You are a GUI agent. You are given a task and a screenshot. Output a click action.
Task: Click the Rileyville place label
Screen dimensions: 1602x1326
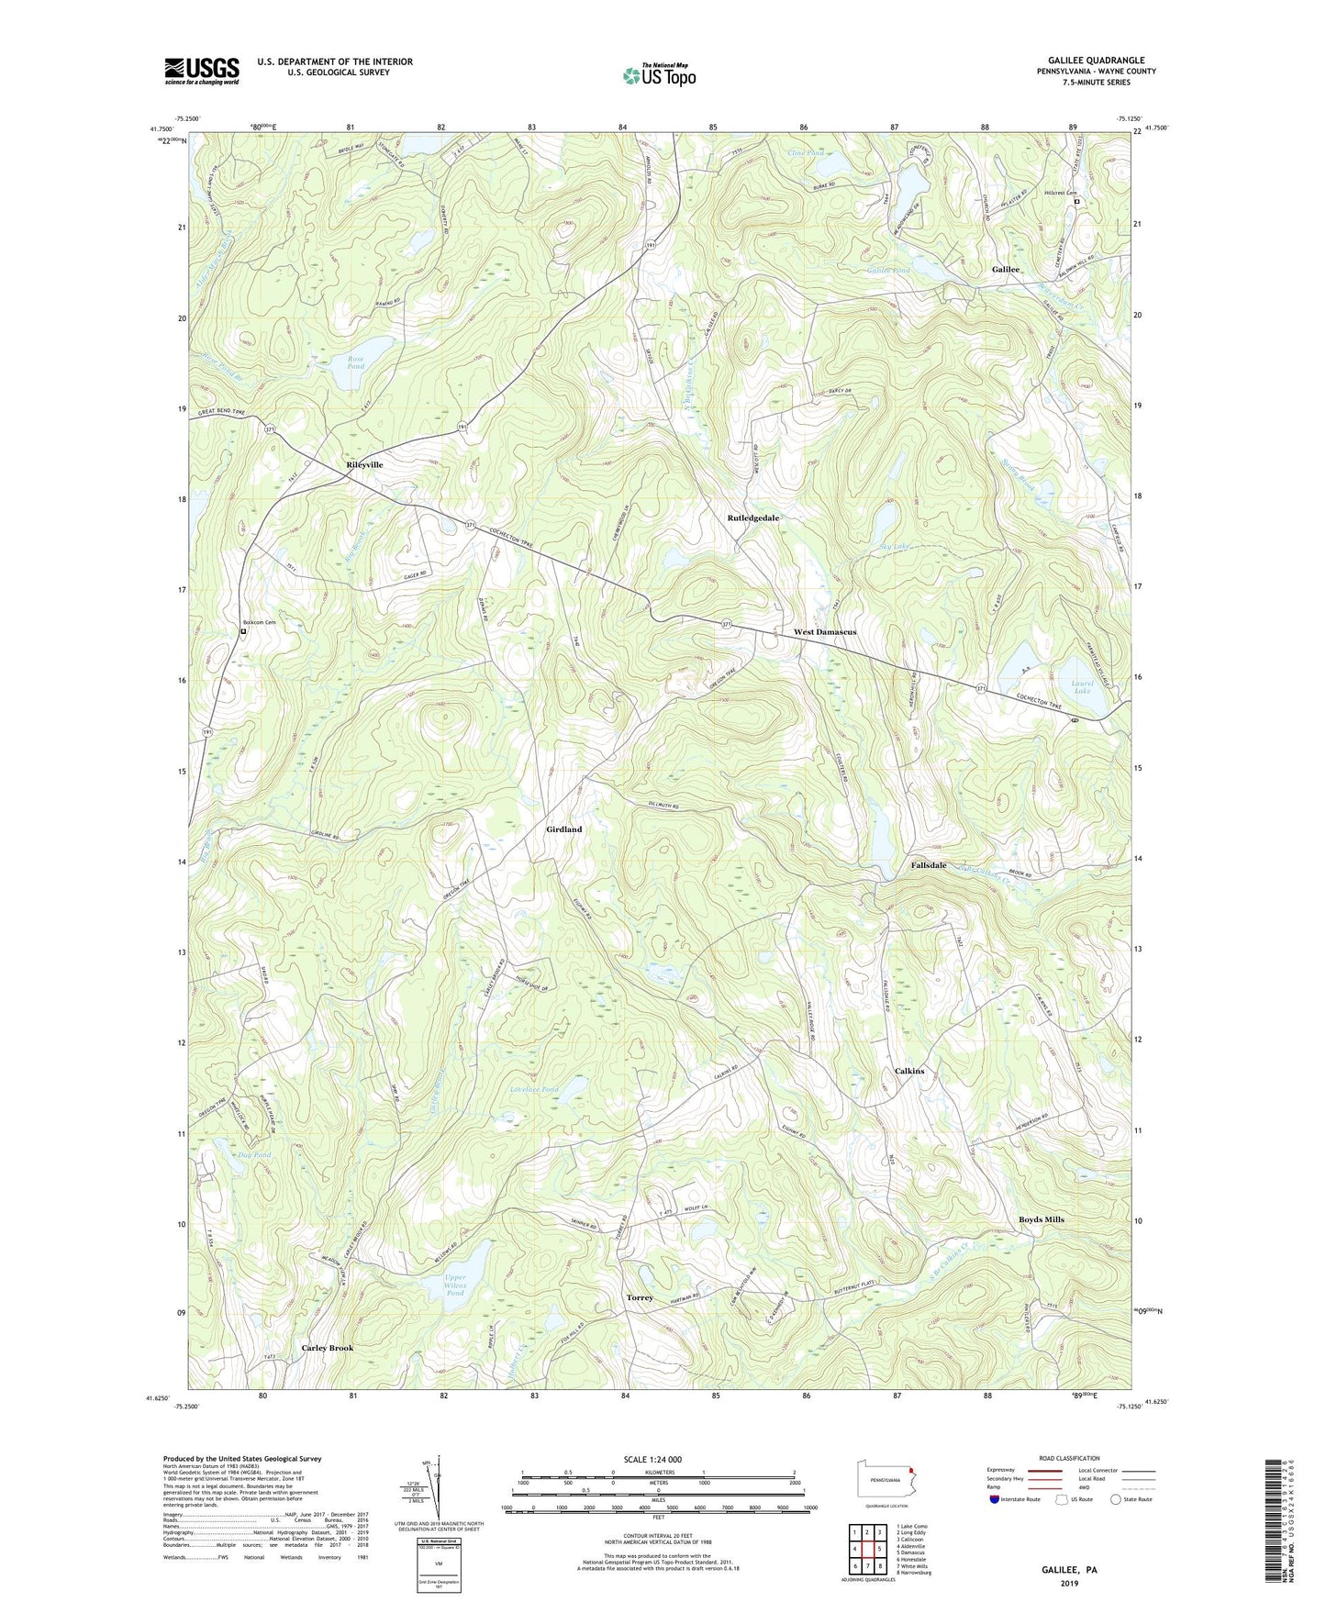click(364, 465)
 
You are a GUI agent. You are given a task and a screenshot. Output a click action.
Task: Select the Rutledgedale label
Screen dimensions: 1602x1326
click(752, 518)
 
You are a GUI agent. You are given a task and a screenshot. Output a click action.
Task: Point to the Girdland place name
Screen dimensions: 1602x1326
click(563, 829)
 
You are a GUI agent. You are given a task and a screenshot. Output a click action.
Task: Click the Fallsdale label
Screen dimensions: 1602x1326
click(928, 865)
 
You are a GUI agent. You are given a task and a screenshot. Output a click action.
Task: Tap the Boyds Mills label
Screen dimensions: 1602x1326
click(1041, 1219)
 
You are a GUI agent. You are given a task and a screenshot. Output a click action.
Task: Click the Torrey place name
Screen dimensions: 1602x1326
click(640, 1298)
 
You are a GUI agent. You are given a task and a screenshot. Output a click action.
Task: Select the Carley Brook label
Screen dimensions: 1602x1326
click(327, 1348)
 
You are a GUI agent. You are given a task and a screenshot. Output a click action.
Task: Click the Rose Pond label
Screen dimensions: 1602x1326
click(356, 363)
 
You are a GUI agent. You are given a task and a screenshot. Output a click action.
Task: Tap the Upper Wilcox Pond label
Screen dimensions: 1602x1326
click(455, 1285)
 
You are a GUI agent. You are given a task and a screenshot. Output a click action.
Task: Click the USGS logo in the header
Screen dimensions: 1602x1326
click(202, 71)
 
